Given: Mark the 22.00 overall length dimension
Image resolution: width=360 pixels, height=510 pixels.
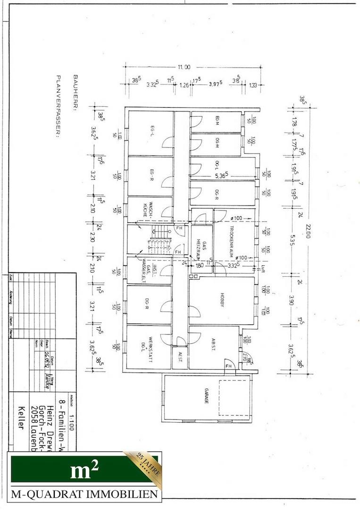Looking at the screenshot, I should point(308,231).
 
